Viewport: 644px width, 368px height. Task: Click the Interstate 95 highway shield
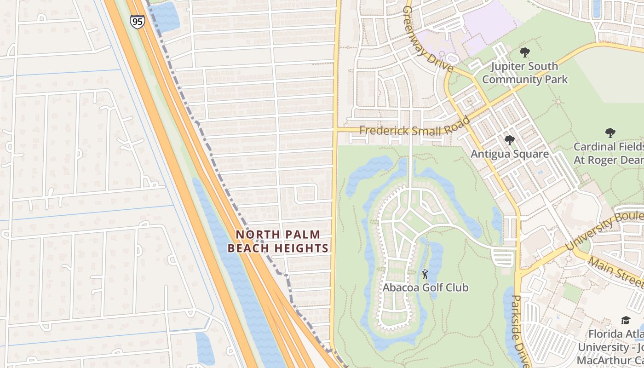[137, 22]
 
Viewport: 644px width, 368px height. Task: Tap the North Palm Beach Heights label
[278, 241]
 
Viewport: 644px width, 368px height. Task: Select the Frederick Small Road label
[414, 129]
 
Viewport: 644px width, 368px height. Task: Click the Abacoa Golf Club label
[425, 287]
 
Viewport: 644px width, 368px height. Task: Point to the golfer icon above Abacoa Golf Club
[425, 275]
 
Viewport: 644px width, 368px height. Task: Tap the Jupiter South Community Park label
[525, 73]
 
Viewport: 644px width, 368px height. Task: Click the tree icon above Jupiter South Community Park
[524, 52]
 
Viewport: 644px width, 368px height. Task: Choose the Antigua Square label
[509, 154]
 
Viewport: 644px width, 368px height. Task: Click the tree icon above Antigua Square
[509, 140]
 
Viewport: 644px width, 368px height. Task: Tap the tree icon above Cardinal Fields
[610, 133]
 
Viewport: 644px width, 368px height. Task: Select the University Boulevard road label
[605, 229]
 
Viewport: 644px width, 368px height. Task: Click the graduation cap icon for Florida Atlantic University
[625, 320]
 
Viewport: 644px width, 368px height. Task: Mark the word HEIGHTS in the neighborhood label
[301, 248]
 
